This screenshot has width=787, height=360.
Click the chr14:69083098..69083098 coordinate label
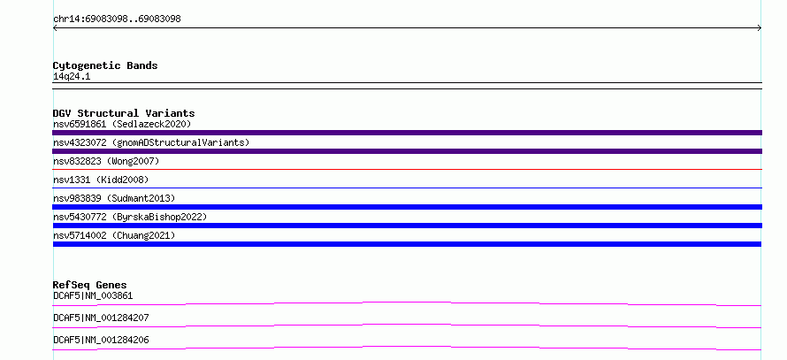coord(117,19)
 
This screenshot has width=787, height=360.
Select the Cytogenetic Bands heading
coord(105,65)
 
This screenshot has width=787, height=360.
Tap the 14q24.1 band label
coord(72,77)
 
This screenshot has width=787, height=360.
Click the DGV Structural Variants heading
coord(124,113)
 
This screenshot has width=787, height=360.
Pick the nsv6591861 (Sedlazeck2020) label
coord(122,124)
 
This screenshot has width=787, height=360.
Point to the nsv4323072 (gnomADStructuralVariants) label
coord(151,142)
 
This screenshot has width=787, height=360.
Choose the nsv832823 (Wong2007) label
coord(106,161)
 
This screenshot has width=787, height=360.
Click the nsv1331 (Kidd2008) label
coord(101,180)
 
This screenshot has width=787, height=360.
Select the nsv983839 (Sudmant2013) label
coord(114,198)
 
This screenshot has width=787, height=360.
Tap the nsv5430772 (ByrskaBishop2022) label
coord(130,217)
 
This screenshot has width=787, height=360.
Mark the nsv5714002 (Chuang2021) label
coord(114,235)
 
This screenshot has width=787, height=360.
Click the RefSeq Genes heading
coord(90,285)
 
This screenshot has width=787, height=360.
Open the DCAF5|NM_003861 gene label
coord(93,295)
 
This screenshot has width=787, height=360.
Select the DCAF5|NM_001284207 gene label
coord(101,318)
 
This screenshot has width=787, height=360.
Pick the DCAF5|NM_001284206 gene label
coord(101,340)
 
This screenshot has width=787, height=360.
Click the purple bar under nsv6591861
coord(407,133)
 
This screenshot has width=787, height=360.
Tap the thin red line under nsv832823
coord(407,170)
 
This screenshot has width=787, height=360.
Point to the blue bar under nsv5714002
coord(407,244)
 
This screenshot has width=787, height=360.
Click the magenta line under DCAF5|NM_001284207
coord(407,326)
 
